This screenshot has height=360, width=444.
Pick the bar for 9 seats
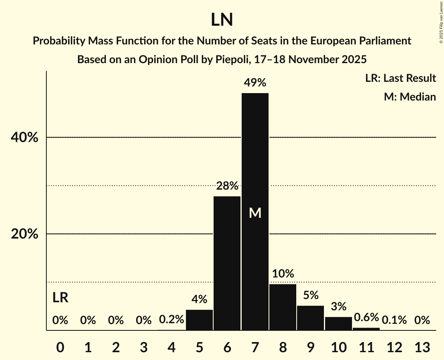coord(310,318)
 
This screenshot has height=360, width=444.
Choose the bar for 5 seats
coord(200,320)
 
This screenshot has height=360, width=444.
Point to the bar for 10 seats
coord(338,323)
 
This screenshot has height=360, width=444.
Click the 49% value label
coord(255,83)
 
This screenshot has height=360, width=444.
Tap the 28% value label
coord(227,186)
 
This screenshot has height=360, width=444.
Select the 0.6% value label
coord(366,318)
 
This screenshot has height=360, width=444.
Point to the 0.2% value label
coord(172,320)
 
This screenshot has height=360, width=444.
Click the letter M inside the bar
coord(255,213)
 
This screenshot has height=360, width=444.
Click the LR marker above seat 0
coord(60,298)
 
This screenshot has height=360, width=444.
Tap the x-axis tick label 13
coord(422,347)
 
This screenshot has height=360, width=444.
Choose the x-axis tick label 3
coord(144,347)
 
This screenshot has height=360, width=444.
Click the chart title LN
coord(222,20)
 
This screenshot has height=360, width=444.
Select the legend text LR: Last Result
coord(400,78)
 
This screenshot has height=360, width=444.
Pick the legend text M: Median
coord(410,97)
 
